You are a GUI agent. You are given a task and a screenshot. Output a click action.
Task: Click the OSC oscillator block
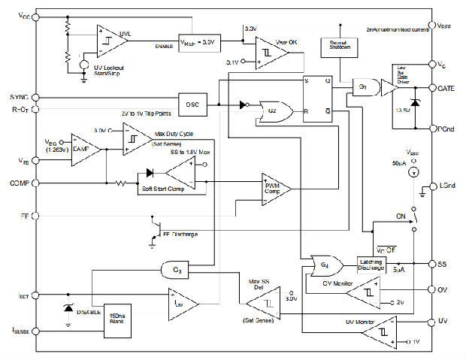coord(193,104)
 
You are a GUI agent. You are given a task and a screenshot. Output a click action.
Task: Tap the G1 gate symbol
coord(363,88)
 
